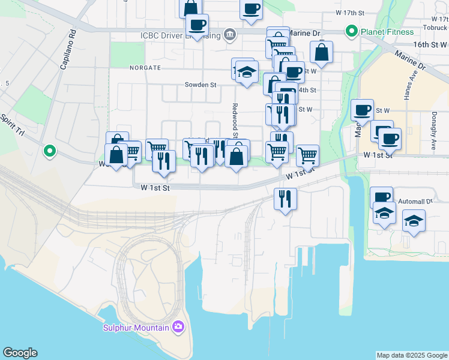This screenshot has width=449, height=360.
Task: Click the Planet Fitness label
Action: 387,32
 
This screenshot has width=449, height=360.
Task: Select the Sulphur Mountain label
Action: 136,327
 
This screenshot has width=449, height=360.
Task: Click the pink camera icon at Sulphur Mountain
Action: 178,327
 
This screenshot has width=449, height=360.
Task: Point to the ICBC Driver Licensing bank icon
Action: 229,35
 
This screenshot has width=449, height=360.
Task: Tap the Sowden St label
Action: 200,85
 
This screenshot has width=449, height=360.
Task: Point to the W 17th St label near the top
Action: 351,13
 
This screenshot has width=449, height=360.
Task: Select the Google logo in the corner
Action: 19,353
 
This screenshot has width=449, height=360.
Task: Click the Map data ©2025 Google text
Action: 411,355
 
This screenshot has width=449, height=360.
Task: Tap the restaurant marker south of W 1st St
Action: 285,199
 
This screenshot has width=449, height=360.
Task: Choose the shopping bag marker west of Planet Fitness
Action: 322,53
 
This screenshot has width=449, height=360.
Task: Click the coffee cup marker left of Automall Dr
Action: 381,197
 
